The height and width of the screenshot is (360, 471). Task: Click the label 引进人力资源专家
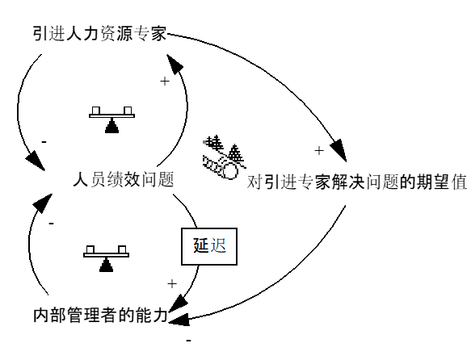point(99,34)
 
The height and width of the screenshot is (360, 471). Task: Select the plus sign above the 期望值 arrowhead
point(318,150)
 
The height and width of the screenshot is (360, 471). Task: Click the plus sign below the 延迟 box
point(171,283)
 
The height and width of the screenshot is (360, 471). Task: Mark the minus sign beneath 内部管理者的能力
point(189,341)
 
